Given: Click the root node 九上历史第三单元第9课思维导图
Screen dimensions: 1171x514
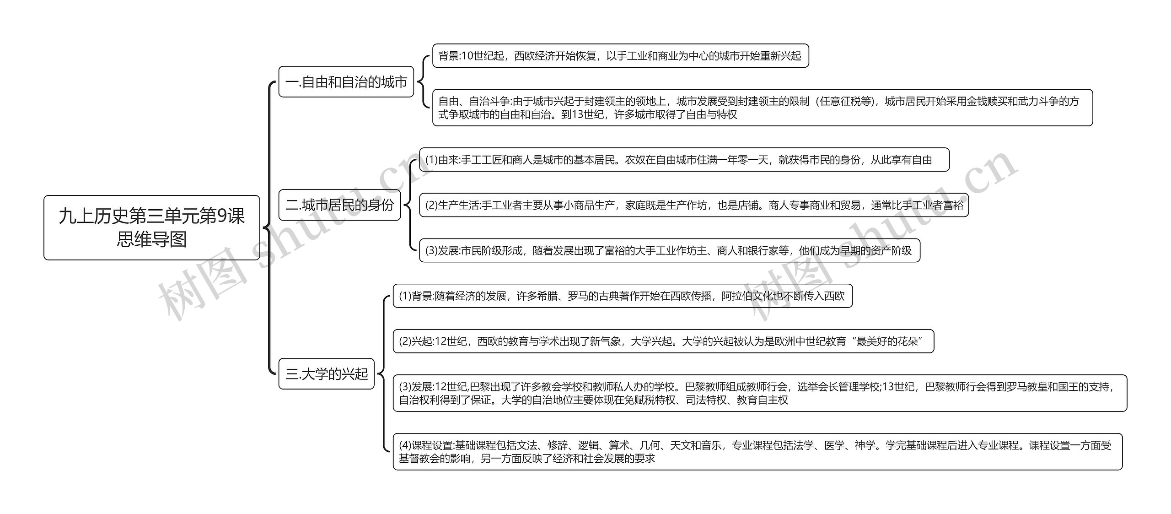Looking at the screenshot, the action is pos(152,228).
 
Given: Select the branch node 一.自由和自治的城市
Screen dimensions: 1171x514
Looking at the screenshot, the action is pos(346,82).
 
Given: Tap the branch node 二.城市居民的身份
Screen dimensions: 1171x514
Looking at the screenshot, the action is pos(340,205).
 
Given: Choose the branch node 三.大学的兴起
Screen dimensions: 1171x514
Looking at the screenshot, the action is pos(327,374).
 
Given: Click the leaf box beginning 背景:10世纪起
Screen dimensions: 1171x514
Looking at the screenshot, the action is pos(621,56).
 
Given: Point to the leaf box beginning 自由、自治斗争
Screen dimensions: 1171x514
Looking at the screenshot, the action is pos(763,108).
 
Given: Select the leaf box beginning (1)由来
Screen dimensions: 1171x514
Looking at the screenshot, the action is pos(684,160).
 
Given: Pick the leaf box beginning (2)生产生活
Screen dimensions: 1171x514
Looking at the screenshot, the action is pos(694,205).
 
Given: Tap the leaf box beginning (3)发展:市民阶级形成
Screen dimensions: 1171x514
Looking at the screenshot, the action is pos(670,250).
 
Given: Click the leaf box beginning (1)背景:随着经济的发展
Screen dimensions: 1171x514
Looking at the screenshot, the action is pos(623,296).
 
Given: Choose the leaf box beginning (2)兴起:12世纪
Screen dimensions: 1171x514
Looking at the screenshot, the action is pos(664,341).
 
